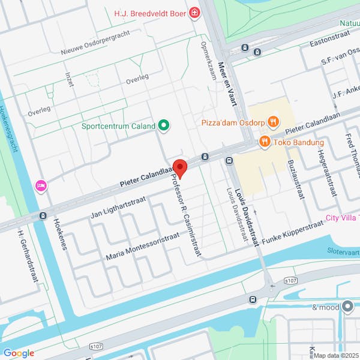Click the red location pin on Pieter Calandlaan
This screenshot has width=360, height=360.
click(180, 168)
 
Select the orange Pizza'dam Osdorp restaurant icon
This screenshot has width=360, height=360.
click(273, 122)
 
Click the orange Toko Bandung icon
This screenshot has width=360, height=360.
click(263, 142)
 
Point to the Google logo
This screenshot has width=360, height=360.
click(19, 353)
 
